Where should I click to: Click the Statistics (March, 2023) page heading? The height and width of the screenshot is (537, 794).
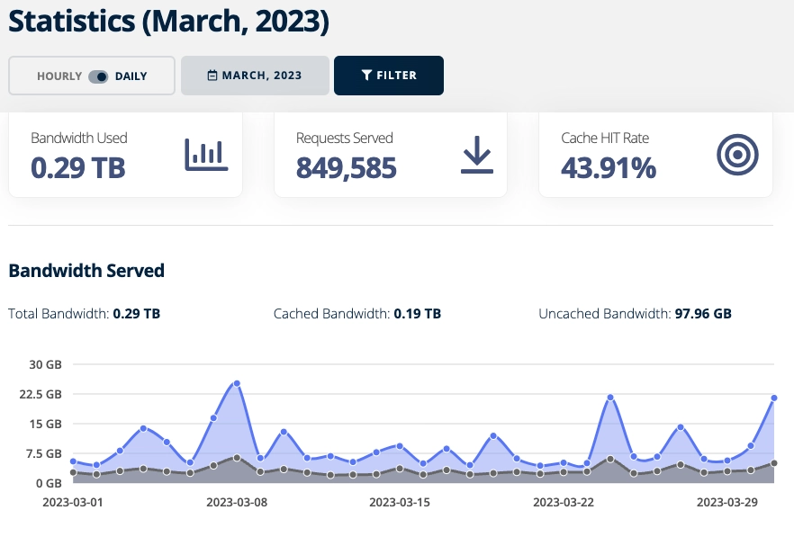click(x=169, y=22)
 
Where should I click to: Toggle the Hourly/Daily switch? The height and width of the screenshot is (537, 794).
click(x=98, y=76)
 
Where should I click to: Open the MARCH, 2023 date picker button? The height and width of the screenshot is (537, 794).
click(x=255, y=76)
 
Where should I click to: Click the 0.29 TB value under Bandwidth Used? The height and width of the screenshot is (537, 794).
click(x=77, y=167)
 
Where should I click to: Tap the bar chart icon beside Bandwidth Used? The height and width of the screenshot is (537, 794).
click(x=206, y=156)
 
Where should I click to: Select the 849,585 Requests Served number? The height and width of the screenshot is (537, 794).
click(x=347, y=167)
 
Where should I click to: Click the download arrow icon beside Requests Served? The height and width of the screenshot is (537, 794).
click(x=476, y=156)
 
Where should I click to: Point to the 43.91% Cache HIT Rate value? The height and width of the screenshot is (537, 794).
click(x=609, y=167)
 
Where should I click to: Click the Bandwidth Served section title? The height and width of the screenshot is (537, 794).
click(x=86, y=270)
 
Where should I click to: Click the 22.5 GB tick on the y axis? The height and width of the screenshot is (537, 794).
click(x=41, y=394)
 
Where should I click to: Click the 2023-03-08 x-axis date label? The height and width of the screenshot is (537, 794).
click(x=237, y=501)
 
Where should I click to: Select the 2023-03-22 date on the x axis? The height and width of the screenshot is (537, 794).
click(x=564, y=501)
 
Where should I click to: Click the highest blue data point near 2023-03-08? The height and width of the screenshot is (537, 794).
click(x=237, y=383)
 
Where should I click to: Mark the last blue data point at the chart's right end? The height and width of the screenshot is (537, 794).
click(x=773, y=398)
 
